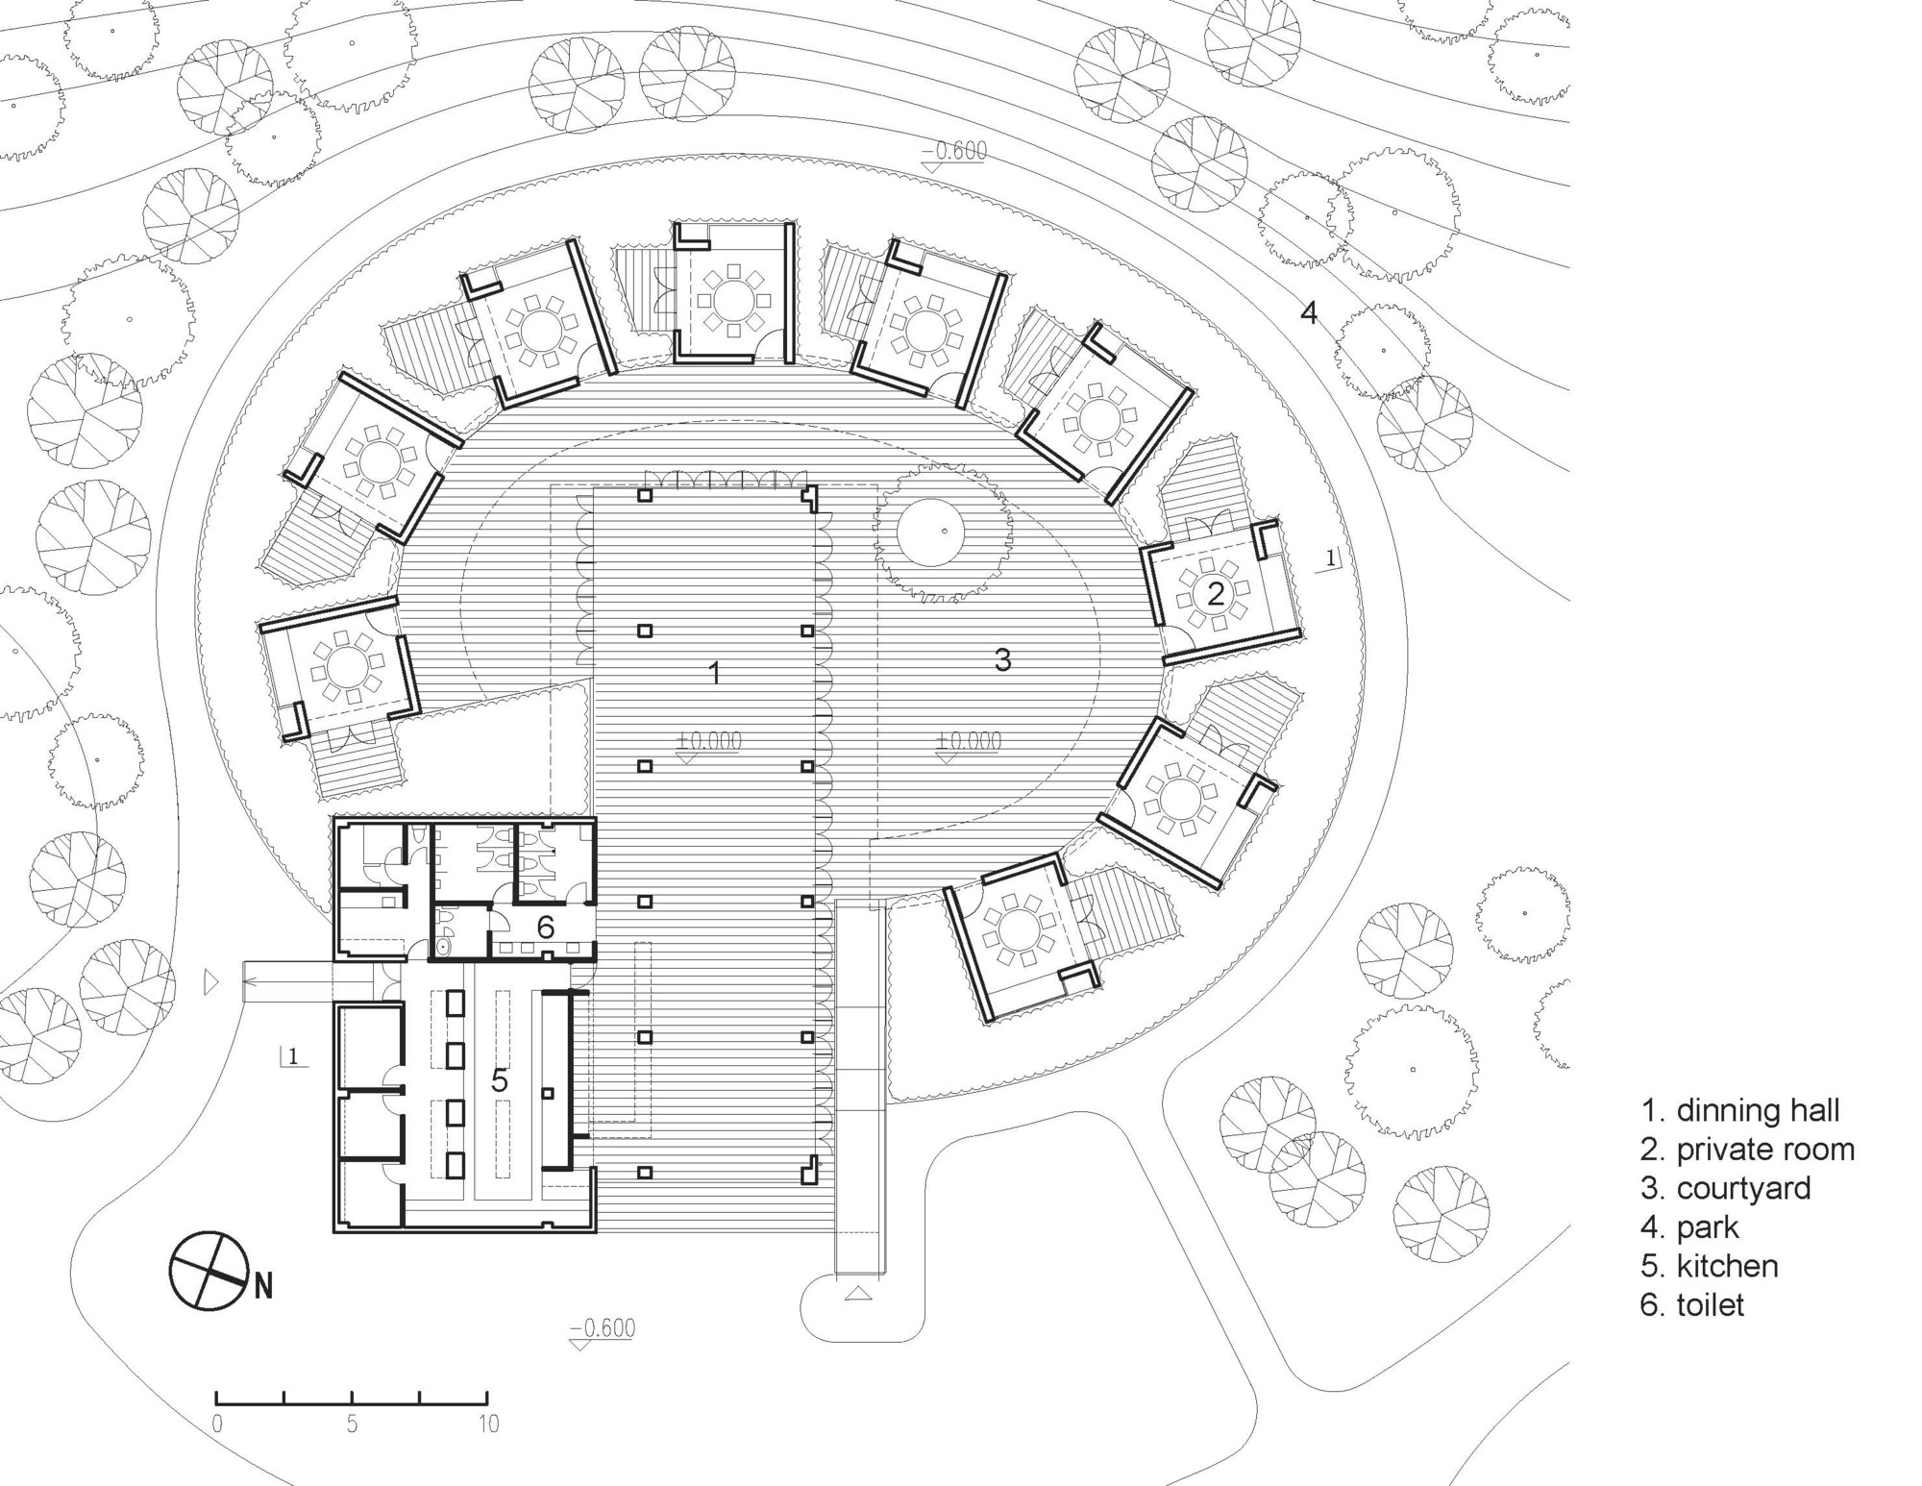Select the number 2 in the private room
(1216, 594)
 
